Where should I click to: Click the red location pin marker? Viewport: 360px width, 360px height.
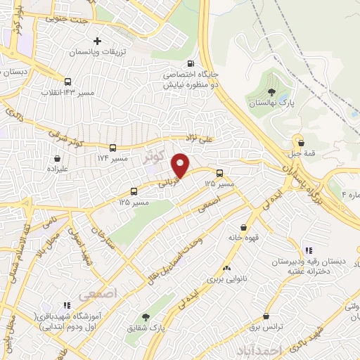pyautogui.click(x=181, y=165)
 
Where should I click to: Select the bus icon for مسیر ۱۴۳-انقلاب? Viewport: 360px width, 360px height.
pyautogui.click(x=67, y=82)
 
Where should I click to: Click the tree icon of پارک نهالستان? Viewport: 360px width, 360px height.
pyautogui.click(x=271, y=91)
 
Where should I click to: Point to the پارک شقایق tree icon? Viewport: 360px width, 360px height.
pyautogui.click(x=146, y=318)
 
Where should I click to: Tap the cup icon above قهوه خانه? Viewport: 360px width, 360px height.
pyautogui.click(x=243, y=228)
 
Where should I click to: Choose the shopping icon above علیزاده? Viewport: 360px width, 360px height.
pyautogui.click(x=57, y=159)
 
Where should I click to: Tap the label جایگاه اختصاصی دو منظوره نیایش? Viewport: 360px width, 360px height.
pyautogui.click(x=191, y=78)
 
